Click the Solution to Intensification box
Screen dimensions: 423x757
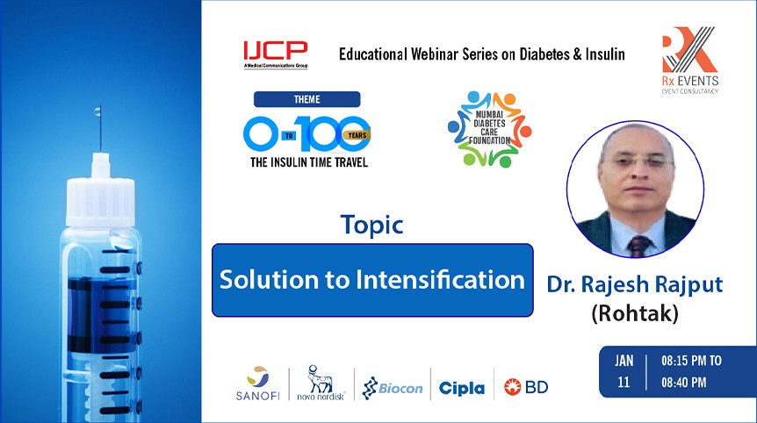click(x=372, y=280)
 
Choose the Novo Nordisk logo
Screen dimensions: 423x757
click(x=320, y=384)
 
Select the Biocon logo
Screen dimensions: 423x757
click(x=393, y=387)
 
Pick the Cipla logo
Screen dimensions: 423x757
click(x=462, y=387)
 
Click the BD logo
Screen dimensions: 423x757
click(x=526, y=387)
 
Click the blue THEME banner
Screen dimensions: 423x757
click(x=306, y=99)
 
